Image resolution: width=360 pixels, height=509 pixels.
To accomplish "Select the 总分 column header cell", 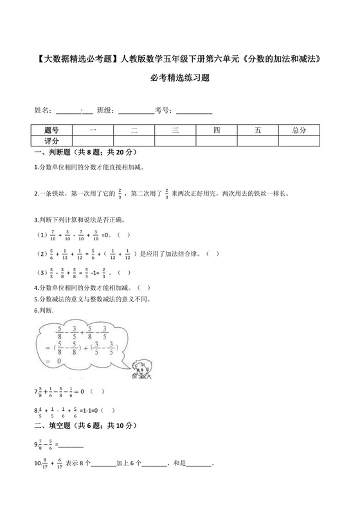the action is point(299,130).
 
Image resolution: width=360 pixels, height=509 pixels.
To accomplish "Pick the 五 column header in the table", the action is point(258,130).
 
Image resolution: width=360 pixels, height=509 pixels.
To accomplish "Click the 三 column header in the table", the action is point(175,130).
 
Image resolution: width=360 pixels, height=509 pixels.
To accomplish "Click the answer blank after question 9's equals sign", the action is point(71,444).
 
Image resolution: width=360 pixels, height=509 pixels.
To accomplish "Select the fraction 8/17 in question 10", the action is point(43,463).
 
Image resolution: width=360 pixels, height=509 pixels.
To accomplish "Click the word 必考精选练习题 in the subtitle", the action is point(179,78).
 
